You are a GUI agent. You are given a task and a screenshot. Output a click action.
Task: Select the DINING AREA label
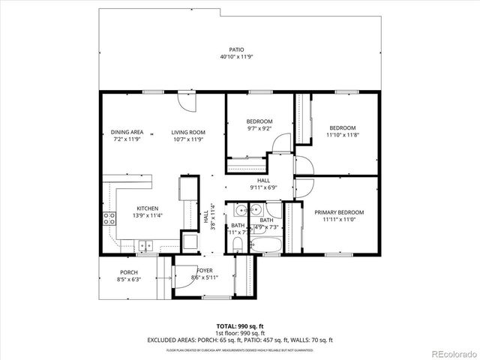click(x=127, y=132)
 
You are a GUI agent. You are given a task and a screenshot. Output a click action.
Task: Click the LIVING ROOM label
click(x=187, y=132)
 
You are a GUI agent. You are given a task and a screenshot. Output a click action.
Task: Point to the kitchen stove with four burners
click(x=109, y=219)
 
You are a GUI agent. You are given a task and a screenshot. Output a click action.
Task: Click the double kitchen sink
click(x=145, y=244)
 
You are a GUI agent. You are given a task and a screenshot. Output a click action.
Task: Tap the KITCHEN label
click(x=147, y=208)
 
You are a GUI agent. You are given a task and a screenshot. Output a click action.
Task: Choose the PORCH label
click(x=129, y=272)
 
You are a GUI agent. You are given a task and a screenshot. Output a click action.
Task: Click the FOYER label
click(x=205, y=271)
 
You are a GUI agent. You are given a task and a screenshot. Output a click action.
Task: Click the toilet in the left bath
click(x=238, y=243)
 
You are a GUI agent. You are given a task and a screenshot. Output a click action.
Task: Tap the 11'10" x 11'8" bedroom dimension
click(x=342, y=135)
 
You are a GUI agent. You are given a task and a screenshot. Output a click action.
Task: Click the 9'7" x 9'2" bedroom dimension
click(x=259, y=128)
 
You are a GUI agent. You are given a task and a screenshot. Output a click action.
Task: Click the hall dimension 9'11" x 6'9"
click(x=263, y=187)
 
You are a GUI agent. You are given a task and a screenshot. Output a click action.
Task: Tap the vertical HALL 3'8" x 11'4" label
click(x=209, y=218)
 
